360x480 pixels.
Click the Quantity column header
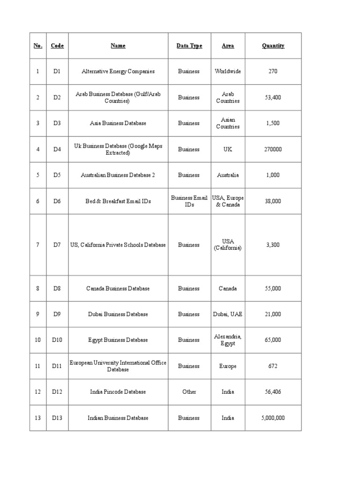pyautogui.click(x=273, y=46)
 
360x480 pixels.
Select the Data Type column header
pyautogui.click(x=189, y=46)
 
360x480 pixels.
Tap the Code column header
pyautogui.click(x=57, y=46)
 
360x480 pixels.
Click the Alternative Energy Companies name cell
pyautogui.click(x=118, y=72)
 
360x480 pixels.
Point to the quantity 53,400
pyautogui.click(x=273, y=97)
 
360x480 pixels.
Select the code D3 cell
pyautogui.click(x=57, y=123)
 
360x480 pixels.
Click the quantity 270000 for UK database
pyautogui.click(x=273, y=149)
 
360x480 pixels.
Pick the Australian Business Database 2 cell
pyautogui.click(x=118, y=175)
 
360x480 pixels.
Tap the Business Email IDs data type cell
pyautogui.click(x=189, y=201)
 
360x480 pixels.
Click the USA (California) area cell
pyautogui.click(x=228, y=245)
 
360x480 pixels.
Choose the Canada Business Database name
pyautogui.click(x=118, y=288)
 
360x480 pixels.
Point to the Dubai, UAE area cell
pyautogui.click(x=228, y=314)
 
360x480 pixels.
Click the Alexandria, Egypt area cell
pyautogui.click(x=228, y=340)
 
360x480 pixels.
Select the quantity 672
pyautogui.click(x=273, y=366)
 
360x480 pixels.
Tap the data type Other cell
pyautogui.click(x=189, y=392)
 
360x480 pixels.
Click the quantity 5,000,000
pyautogui.click(x=273, y=418)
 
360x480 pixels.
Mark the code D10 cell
pyautogui.click(x=57, y=340)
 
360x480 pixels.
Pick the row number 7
pyautogui.click(x=37, y=245)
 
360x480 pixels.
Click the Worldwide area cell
pyautogui.click(x=228, y=72)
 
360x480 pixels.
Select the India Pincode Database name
pyautogui.click(x=118, y=392)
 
